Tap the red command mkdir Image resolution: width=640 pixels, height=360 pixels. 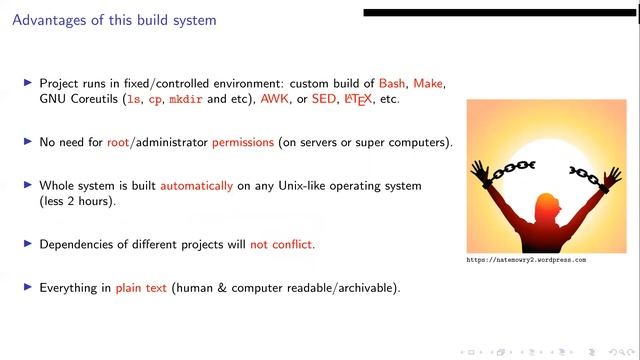tap(186, 100)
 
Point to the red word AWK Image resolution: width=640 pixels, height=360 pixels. tap(273, 100)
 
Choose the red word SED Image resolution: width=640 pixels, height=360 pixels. tap(324, 100)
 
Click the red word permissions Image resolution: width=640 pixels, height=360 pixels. tap(242, 142)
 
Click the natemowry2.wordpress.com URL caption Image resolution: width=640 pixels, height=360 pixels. tap(526, 260)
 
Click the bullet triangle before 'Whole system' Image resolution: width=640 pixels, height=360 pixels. tap(28, 185)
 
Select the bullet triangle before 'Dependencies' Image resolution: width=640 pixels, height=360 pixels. tap(28, 244)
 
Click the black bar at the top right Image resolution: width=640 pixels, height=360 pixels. tap(500, 13)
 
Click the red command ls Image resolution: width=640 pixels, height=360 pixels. tap(131, 100)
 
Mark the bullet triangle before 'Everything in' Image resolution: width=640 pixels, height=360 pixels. tap(28, 288)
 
